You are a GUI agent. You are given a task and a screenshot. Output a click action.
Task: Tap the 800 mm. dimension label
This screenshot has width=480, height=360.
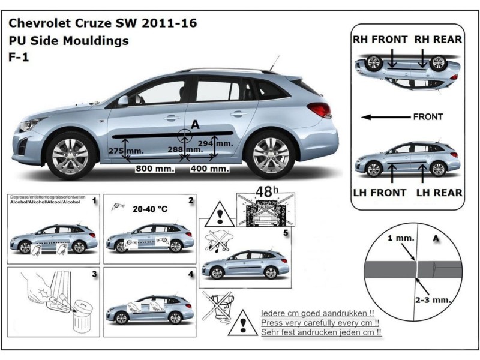[x=155, y=169]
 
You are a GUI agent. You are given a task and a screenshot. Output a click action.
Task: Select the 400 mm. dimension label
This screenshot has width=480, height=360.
[x=209, y=169]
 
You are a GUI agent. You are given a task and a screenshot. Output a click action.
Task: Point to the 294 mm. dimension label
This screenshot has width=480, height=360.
[x=215, y=143]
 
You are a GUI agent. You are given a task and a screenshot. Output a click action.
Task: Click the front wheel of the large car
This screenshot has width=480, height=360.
[x=70, y=155]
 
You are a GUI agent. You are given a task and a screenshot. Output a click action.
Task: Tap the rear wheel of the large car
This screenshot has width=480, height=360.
[x=271, y=155]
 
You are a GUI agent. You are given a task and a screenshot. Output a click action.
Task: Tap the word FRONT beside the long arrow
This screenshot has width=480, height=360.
[x=428, y=117]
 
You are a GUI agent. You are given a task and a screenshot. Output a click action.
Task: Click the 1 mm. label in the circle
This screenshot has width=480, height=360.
[x=401, y=238]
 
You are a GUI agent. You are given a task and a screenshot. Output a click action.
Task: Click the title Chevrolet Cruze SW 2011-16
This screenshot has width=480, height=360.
[x=102, y=24]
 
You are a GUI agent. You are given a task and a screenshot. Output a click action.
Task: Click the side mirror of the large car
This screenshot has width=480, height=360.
[x=123, y=100]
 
